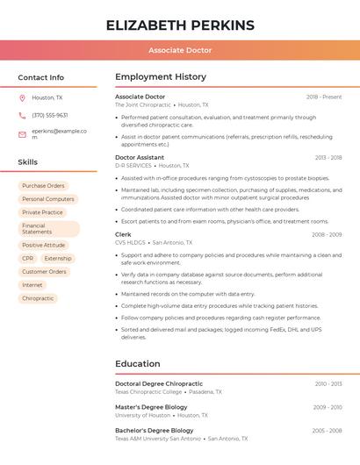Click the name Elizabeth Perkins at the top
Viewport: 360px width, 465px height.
[180, 25]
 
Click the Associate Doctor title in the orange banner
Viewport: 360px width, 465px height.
[180, 50]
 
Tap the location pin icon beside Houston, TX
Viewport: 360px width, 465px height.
[22, 97]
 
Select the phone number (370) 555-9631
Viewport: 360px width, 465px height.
[49, 115]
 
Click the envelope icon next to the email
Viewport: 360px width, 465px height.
[22, 134]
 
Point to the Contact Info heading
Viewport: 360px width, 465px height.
[40, 77]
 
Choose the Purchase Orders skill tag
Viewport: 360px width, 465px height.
[43, 186]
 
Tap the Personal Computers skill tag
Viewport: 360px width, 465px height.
[47, 199]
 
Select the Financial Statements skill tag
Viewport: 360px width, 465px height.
[48, 229]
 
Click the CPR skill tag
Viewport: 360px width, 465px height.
[28, 259]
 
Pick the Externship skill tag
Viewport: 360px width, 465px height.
[58, 259]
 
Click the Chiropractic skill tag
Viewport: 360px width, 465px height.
[38, 298]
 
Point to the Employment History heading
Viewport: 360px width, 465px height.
[161, 77]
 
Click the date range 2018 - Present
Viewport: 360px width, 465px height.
[324, 97]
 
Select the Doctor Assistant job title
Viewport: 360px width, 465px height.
[140, 157]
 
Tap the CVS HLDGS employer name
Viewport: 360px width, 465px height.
[130, 242]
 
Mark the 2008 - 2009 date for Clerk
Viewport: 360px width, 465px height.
[327, 234]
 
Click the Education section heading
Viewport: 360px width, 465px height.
[138, 363]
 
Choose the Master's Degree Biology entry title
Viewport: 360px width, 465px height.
[151, 407]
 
